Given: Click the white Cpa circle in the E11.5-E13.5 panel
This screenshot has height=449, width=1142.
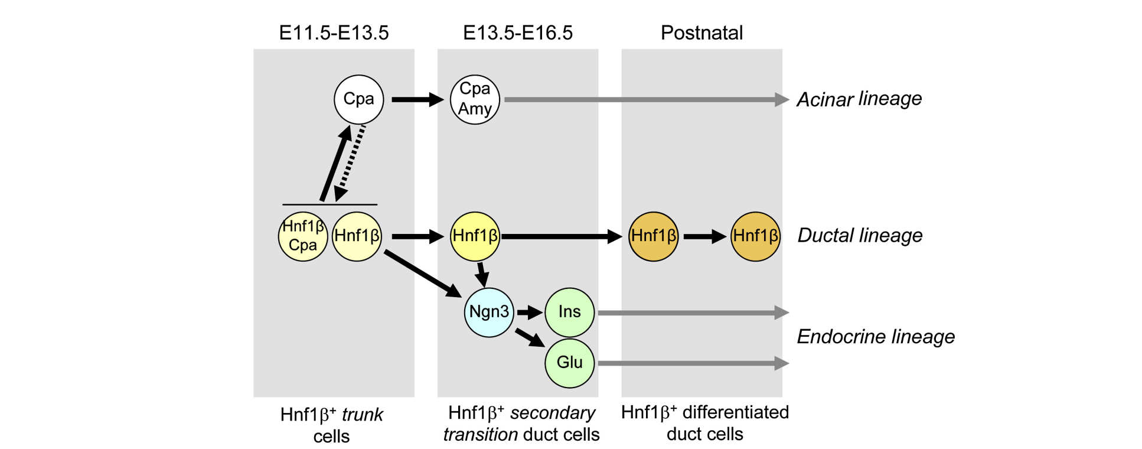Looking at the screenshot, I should pyautogui.click(x=358, y=99).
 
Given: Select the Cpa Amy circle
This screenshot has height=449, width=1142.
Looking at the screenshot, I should pyautogui.click(x=475, y=99).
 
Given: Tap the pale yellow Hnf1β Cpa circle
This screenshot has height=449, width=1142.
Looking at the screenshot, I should pyautogui.click(x=303, y=236).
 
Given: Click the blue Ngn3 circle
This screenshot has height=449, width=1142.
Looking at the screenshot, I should pyautogui.click(x=489, y=312).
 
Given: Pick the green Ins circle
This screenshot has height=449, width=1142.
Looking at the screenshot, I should pyautogui.click(x=569, y=312).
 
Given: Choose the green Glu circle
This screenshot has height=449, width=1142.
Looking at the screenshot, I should pyautogui.click(x=569, y=363).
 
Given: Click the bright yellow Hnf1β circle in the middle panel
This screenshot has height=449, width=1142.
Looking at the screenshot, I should pyautogui.click(x=475, y=236).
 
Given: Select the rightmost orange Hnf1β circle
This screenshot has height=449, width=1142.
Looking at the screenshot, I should pyautogui.click(x=755, y=236).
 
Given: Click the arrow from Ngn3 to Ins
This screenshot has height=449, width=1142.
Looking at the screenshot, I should pyautogui.click(x=530, y=312).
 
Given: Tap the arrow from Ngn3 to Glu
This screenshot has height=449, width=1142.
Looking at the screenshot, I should pyautogui.click(x=530, y=337).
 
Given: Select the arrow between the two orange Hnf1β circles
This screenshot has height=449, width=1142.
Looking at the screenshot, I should pyautogui.click(x=704, y=236).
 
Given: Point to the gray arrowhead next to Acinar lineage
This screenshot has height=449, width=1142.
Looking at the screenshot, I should pyautogui.click(x=782, y=99).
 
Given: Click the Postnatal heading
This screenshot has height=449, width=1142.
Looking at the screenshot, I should pyautogui.click(x=701, y=32).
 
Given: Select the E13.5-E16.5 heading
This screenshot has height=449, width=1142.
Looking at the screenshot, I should pyautogui.click(x=517, y=32).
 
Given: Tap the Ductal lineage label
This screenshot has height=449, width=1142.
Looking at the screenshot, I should pyautogui.click(x=860, y=235).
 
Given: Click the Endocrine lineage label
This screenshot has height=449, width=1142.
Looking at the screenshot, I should pyautogui.click(x=876, y=337).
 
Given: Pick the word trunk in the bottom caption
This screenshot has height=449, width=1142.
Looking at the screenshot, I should pyautogui.click(x=362, y=415).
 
